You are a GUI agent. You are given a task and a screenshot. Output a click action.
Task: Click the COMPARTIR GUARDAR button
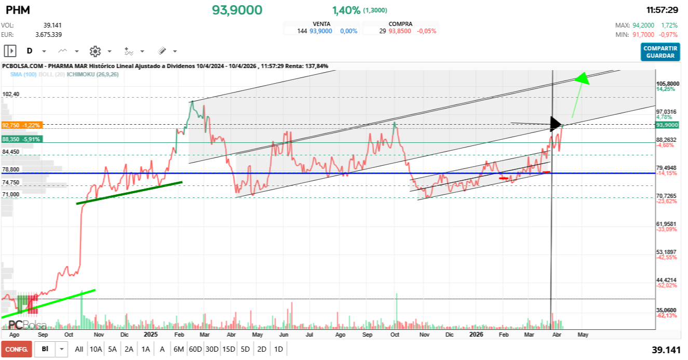point(660,52)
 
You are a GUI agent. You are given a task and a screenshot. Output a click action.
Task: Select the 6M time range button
point(179,349)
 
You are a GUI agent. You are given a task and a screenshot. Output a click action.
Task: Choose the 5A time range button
point(112,349)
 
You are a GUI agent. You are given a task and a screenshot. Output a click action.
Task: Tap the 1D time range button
point(278,349)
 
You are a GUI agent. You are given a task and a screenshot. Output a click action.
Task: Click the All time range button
point(79,349)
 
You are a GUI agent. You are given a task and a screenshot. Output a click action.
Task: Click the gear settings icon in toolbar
point(95,51)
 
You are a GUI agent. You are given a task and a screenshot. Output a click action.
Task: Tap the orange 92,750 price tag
point(21,125)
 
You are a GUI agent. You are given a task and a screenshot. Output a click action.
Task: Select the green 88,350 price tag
point(21,139)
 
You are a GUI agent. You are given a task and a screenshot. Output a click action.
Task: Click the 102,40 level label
point(11,94)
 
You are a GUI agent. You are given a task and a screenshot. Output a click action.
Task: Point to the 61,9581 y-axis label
point(667,224)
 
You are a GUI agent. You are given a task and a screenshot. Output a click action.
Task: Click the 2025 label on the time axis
point(151,335)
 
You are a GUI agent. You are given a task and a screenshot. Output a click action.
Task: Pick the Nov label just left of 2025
point(97,335)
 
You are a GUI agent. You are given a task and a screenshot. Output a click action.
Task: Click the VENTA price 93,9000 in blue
point(321,31)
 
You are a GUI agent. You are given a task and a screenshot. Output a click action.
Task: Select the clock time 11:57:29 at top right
point(662,10)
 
